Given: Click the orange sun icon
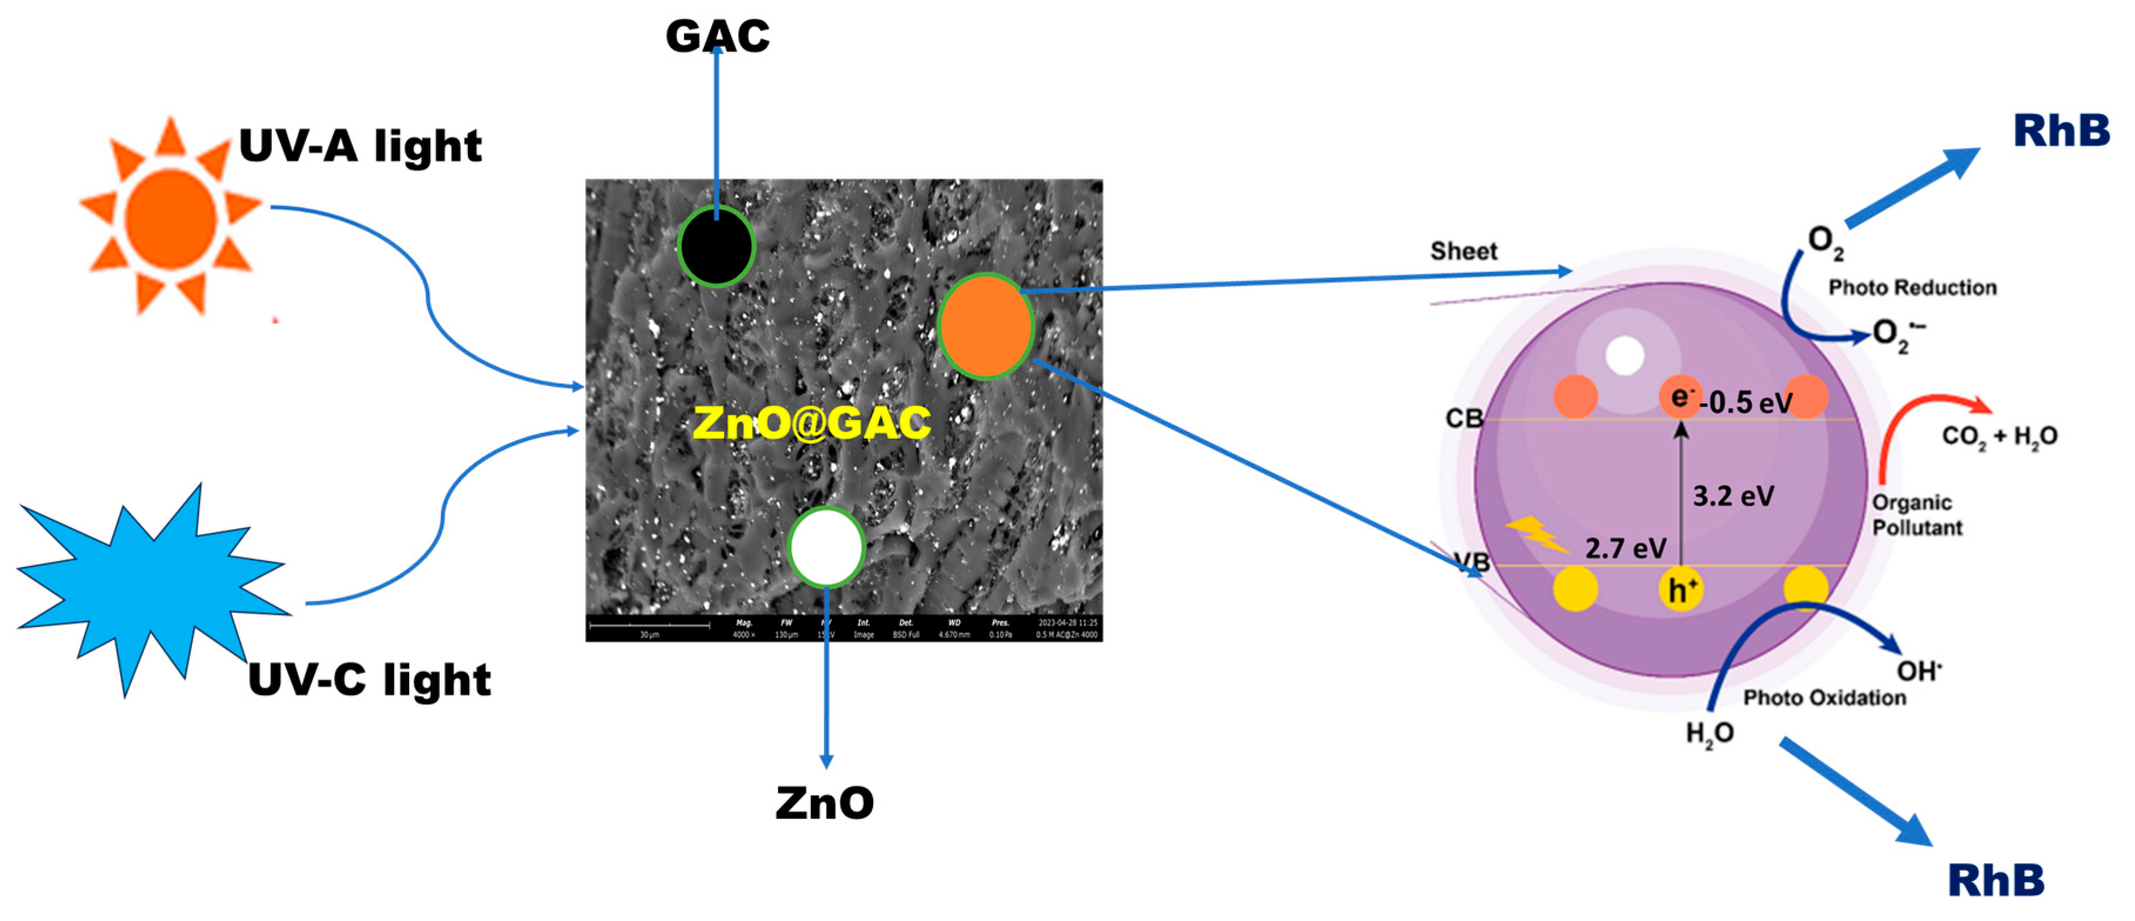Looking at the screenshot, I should [x=171, y=217].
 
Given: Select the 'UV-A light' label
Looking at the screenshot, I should [x=360, y=147].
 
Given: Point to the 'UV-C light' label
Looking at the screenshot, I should [x=369, y=680].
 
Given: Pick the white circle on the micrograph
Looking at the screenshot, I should [x=826, y=547].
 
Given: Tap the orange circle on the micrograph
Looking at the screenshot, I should [x=985, y=326].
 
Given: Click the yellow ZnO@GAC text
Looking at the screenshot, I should [x=811, y=423].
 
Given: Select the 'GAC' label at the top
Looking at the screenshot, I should [x=718, y=36].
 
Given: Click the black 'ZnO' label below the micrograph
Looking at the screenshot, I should [x=824, y=802].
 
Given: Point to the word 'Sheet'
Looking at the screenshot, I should [x=1464, y=251].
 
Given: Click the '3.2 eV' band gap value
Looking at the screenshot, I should [x=1733, y=496].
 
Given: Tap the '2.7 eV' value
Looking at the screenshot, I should [x=1625, y=548].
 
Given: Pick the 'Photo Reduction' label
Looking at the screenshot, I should [x=1912, y=288].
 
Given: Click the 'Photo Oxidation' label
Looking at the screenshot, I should [x=1824, y=698].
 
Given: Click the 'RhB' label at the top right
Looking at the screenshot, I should [x=2061, y=131].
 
